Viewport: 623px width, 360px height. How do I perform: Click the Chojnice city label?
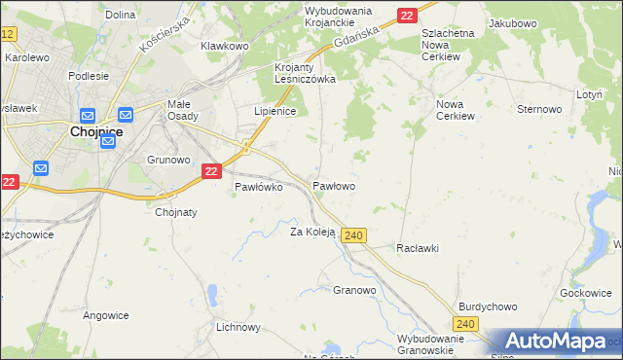coord(93,132)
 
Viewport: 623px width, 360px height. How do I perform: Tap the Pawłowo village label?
coord(333,185)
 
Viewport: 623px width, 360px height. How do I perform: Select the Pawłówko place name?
coord(258,188)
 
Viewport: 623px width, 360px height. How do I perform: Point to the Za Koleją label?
coord(312,232)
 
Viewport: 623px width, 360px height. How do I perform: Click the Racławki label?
coord(418,248)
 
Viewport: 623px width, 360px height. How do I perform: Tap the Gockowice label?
coord(585,293)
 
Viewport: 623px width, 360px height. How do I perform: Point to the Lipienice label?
coord(275,112)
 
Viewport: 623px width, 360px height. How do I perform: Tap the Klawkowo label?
coord(225,46)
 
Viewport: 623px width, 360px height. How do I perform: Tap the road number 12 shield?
coord(8,34)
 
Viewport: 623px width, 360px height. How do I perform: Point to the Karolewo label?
coord(27,57)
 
